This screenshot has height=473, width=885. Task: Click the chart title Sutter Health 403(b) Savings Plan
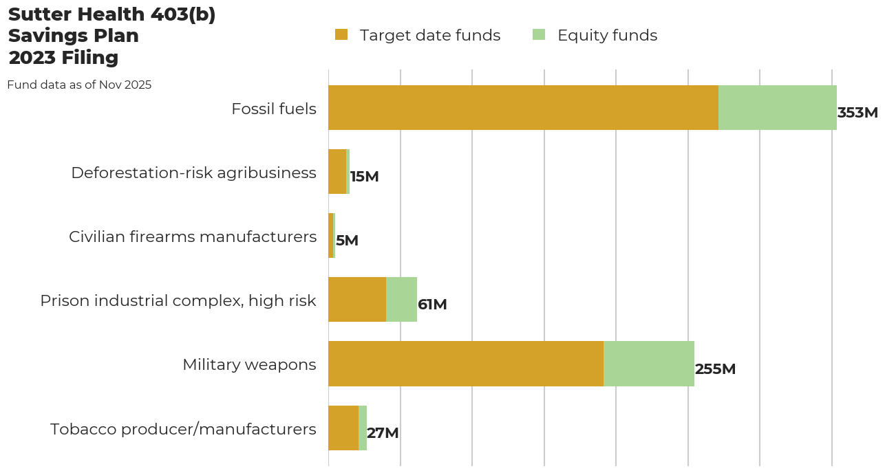tap(111, 36)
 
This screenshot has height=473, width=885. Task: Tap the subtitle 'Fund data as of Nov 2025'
tap(79, 85)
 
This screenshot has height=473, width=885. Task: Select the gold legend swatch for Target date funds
tap(341, 35)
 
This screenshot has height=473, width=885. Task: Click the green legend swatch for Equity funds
tap(539, 35)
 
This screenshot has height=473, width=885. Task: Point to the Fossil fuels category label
tap(274, 109)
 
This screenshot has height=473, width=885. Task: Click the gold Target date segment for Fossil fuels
tap(523, 108)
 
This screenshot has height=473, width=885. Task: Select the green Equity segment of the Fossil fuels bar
tap(778, 108)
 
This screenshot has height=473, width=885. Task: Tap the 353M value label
tap(857, 113)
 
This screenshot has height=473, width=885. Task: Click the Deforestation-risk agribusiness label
tap(193, 173)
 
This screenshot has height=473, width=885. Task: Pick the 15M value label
tap(364, 177)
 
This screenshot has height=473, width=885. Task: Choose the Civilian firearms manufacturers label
tap(193, 236)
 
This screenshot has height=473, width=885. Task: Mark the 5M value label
tap(347, 241)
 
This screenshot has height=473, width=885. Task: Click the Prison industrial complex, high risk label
tap(178, 300)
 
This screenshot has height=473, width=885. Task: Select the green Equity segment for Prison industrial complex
tap(401, 300)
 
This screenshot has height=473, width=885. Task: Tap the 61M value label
tap(432, 305)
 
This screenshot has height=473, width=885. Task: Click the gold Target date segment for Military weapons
tap(466, 364)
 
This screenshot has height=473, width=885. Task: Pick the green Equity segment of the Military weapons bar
tap(649, 364)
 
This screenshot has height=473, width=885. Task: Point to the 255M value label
tap(715, 369)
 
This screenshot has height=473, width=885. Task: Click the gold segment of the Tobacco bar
tap(343, 428)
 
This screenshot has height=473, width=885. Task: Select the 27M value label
tap(383, 433)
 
